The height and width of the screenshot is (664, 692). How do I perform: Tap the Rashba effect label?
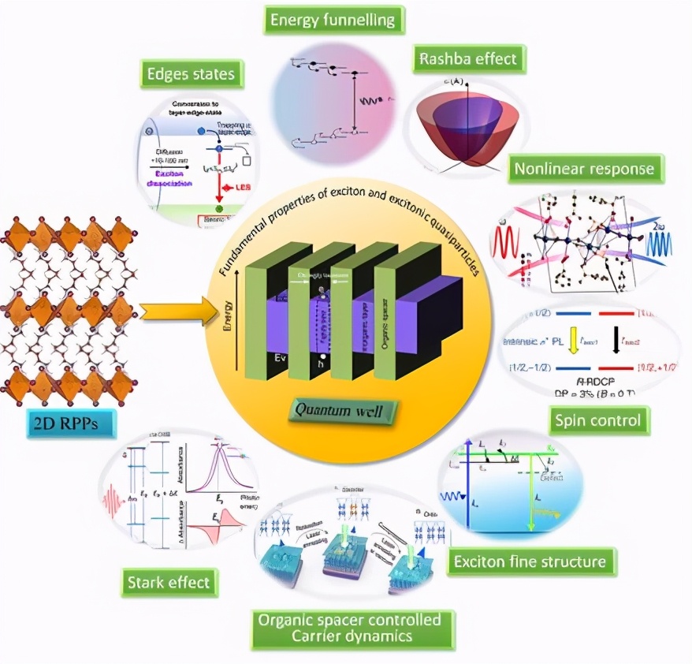tap(468, 59)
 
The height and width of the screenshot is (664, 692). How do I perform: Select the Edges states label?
tap(191, 75)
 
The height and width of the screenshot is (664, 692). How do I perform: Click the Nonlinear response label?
tap(584, 168)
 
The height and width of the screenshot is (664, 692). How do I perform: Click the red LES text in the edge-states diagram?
tap(240, 188)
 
